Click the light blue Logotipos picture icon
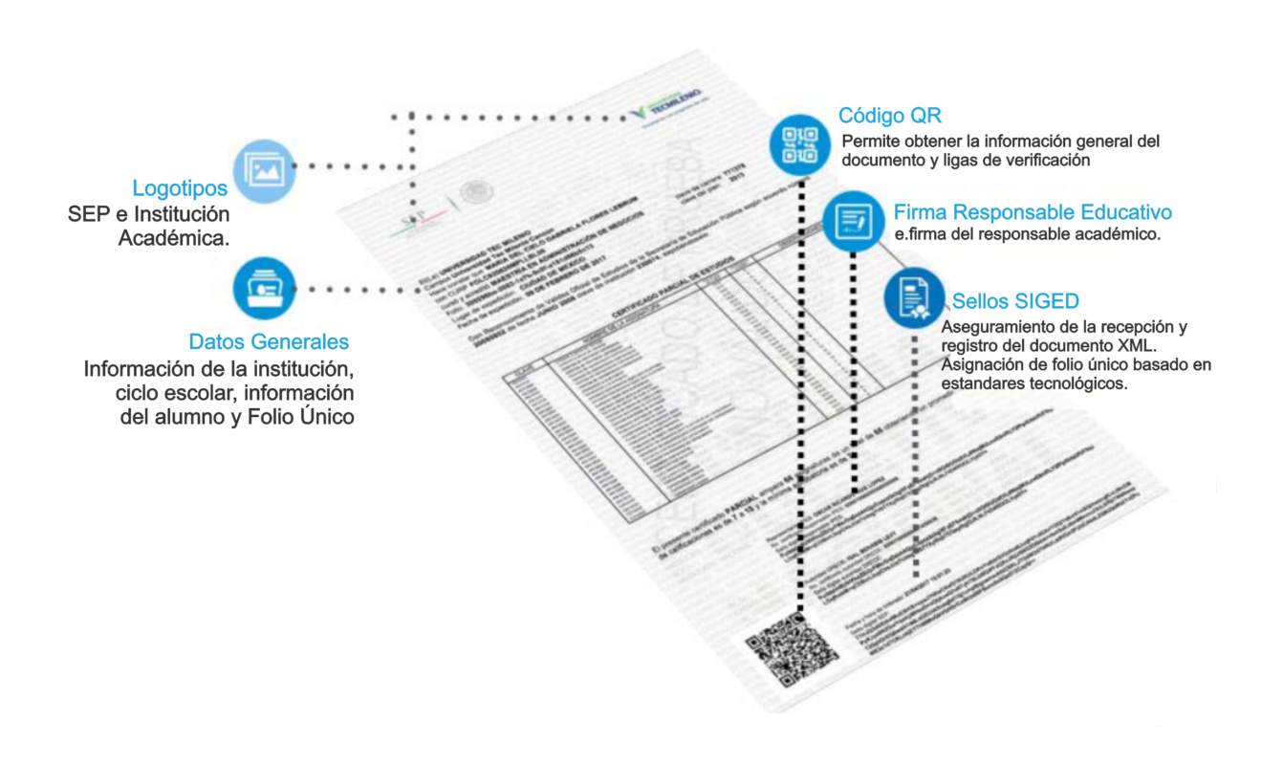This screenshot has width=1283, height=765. point(262,167)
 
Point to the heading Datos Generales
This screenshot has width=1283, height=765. point(269,341)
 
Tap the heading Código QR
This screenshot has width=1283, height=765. point(889,116)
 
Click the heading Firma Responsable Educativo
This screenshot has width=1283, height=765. point(1033,211)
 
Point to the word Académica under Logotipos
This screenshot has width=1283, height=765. point(173,237)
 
